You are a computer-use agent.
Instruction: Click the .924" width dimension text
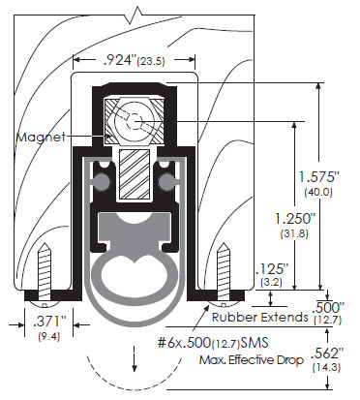point(119,60)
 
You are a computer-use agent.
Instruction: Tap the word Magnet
point(41,137)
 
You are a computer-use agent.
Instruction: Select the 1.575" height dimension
point(318,177)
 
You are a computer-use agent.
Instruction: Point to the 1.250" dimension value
point(294,219)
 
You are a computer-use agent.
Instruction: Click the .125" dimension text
point(271,269)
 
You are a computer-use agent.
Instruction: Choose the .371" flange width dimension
point(49,322)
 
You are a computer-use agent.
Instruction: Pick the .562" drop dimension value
point(325,354)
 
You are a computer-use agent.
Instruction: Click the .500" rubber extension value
point(328,307)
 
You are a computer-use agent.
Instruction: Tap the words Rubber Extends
point(259,317)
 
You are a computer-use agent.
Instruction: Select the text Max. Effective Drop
point(252,359)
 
